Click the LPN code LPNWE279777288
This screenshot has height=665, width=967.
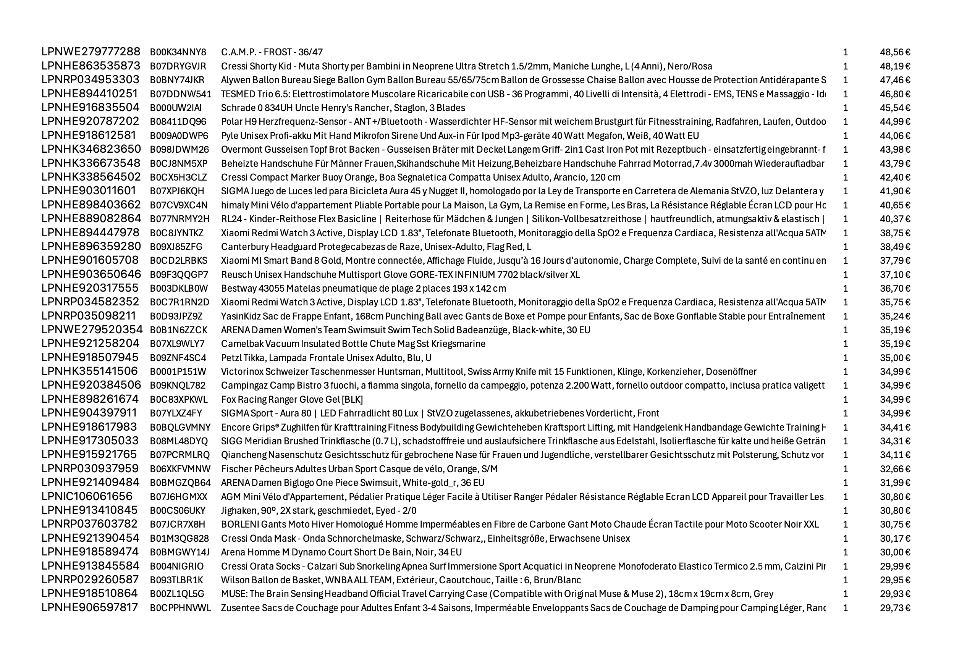(91, 52)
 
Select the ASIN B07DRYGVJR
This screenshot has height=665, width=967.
(178, 66)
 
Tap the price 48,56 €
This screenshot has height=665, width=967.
(895, 52)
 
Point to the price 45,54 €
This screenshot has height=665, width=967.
(895, 108)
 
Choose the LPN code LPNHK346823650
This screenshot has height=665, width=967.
(91, 149)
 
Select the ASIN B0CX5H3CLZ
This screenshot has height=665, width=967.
(178, 178)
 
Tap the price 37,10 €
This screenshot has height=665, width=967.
(895, 274)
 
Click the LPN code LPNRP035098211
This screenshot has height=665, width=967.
(88, 316)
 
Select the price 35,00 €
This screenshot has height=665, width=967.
(895, 358)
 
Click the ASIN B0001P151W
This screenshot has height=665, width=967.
(178, 372)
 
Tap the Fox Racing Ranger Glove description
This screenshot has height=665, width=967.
(292, 400)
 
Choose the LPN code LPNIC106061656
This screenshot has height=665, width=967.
(87, 497)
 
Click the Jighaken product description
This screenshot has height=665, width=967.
(319, 510)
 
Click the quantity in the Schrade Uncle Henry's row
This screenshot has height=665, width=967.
(845, 108)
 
